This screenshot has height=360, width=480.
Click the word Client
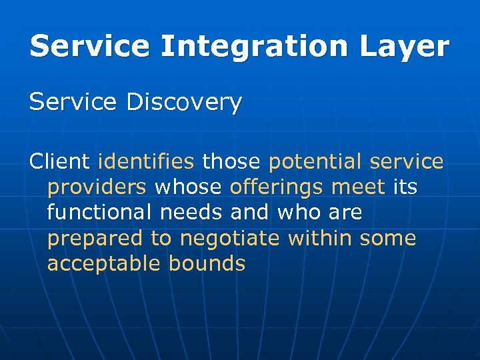coord(59,161)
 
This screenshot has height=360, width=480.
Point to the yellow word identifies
coord(146,161)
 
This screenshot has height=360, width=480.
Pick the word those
coord(231,161)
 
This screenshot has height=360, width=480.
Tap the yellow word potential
coord(315,161)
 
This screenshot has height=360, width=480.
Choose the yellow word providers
coord(97,187)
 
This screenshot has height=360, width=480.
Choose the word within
coord(320,238)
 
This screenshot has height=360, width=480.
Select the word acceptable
coord(105,263)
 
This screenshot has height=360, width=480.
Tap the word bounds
coord(207,263)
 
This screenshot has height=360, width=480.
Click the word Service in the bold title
coord(91,47)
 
